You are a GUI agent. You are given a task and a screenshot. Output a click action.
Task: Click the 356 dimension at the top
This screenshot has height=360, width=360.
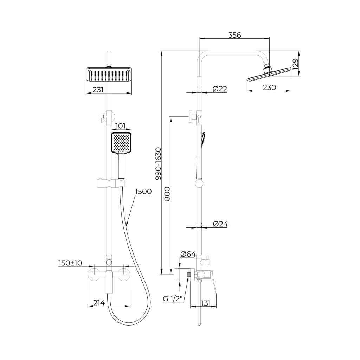(234, 35)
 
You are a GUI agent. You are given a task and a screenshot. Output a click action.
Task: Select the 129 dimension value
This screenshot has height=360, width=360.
(295, 64)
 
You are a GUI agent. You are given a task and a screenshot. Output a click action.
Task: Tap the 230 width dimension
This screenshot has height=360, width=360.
(269, 88)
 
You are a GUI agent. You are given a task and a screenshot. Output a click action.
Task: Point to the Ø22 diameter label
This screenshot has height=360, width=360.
(220, 89)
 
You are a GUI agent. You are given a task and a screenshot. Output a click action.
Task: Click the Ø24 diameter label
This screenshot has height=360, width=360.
(220, 224)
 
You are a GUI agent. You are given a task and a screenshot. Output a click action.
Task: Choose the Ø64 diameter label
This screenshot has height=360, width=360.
(188, 254)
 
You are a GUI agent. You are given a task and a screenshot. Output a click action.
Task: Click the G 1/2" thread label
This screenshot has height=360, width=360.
(173, 299)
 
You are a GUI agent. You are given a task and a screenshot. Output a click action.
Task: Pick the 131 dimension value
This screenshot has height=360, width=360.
(206, 303)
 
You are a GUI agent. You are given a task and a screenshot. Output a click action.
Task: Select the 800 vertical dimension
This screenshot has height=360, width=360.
(167, 194)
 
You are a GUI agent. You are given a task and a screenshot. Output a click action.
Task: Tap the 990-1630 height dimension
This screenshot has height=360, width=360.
(158, 163)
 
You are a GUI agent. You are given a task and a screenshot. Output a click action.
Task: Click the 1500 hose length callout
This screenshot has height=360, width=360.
(143, 192)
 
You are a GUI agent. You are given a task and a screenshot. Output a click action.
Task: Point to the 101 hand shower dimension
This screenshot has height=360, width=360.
(120, 126)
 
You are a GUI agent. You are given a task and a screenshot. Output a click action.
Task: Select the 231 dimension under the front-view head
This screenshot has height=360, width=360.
(98, 90)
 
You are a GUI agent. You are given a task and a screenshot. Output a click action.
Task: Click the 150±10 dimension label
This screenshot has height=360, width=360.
(70, 263)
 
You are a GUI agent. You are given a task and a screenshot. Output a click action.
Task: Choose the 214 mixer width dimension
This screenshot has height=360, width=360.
(99, 303)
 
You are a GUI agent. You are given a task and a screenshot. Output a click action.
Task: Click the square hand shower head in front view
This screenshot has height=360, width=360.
(121, 143)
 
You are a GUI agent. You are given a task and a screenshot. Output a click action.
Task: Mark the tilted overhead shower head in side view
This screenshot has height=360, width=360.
(269, 74)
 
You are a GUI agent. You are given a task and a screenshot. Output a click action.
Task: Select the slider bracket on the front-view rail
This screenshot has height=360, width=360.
(111, 184)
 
